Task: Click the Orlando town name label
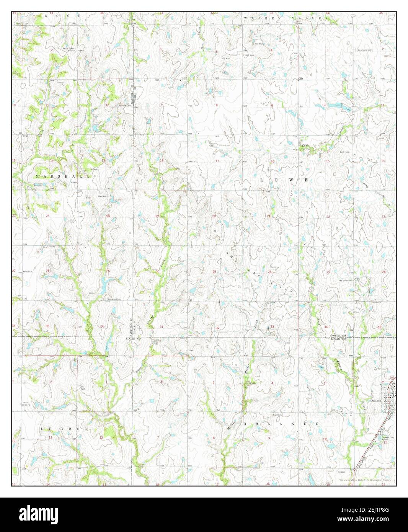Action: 376,401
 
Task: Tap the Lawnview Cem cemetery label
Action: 365,50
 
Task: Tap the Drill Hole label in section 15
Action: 345,152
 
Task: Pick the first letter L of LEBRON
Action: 42,429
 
